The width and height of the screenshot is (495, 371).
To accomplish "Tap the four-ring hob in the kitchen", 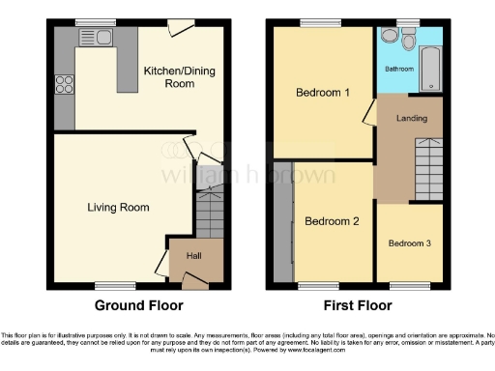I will [65, 84].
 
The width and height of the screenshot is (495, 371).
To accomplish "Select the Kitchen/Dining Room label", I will [169, 77].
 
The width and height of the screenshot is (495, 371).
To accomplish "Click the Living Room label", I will [118, 207].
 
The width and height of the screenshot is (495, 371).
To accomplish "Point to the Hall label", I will [193, 257].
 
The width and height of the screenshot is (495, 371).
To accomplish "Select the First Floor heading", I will [358, 305].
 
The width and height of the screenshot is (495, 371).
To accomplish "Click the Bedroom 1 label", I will [322, 93].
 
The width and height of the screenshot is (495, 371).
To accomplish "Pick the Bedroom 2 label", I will [332, 221].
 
